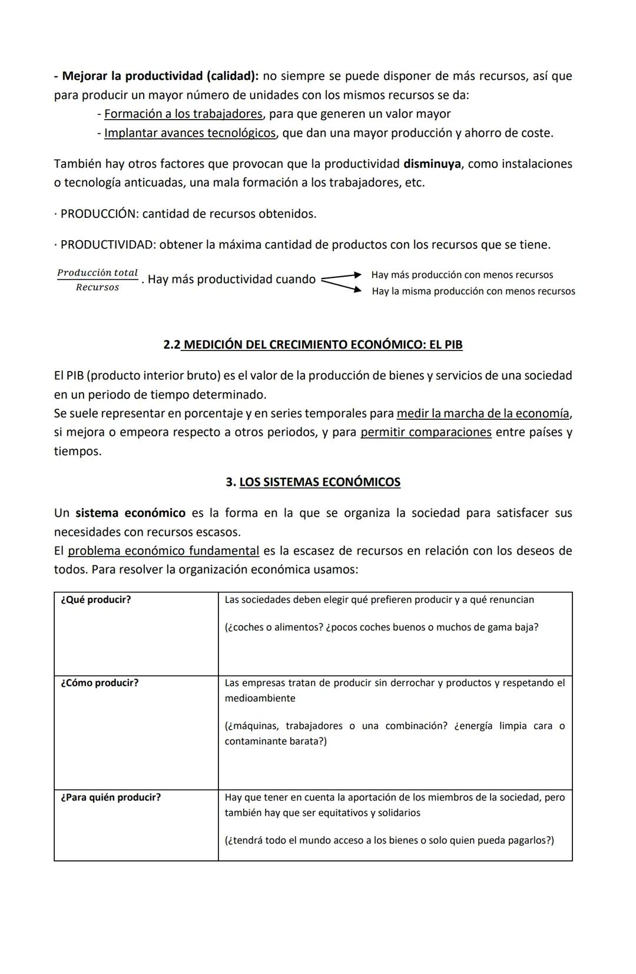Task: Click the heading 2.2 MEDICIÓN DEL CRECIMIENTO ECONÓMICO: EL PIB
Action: [313, 344]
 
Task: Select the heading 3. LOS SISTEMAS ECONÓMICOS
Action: [313, 482]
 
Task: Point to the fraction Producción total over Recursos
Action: [97, 280]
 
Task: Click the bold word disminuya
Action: [432, 164]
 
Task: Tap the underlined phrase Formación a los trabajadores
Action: [183, 114]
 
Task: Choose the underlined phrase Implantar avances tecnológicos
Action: [190, 133]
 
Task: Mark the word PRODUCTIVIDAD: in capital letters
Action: [108, 245]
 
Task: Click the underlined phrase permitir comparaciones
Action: [426, 432]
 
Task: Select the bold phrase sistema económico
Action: [130, 513]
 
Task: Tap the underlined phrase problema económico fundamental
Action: [163, 551]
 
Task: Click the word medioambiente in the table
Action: [260, 698]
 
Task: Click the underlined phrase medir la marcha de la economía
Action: [483, 413]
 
